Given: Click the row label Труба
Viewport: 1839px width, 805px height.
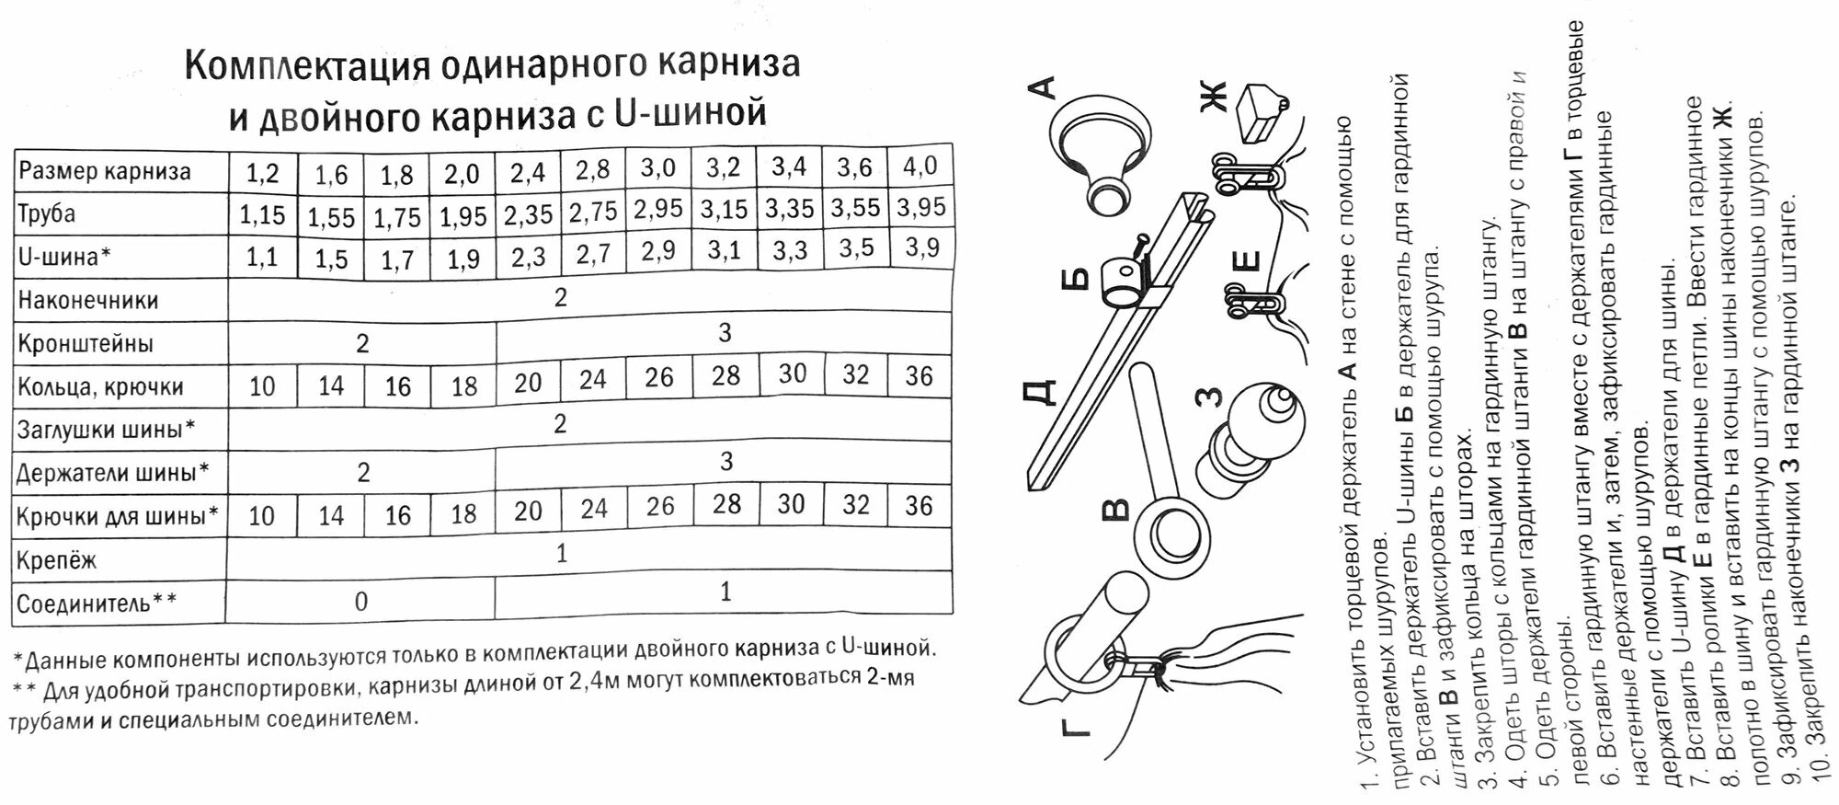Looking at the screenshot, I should tap(47, 214).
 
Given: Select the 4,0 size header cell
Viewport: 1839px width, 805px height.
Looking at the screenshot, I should tap(920, 167).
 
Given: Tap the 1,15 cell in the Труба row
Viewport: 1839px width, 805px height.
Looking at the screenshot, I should tap(262, 215).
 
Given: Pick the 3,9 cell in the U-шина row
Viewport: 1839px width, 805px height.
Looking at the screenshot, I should tap(921, 247).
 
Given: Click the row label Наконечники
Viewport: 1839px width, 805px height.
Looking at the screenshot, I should tap(88, 301).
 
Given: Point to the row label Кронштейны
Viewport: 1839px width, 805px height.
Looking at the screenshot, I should tap(86, 344).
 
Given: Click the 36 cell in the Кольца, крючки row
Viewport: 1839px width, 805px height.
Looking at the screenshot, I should tap(919, 376).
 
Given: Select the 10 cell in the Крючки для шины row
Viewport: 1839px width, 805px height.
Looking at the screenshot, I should tap(262, 515).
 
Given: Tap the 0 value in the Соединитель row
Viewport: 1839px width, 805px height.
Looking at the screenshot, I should tap(361, 602).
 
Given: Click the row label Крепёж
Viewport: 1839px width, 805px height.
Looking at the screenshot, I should tap(57, 560).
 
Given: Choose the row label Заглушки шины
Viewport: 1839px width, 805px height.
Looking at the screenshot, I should tap(107, 430).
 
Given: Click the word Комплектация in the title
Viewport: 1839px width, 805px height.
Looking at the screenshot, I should tap(307, 66).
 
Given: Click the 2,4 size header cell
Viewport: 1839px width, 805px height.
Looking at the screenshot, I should tap(528, 172).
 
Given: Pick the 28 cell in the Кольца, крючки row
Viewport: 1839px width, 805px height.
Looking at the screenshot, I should tap(725, 375).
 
